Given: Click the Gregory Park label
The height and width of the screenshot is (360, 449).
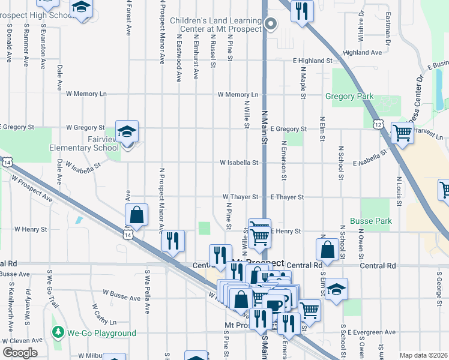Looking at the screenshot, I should point(349,96).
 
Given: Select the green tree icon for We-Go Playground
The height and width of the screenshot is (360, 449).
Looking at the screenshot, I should point(58,332).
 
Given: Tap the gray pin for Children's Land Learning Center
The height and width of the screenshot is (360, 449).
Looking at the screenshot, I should point(271,23).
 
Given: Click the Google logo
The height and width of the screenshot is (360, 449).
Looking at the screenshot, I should point(20,352).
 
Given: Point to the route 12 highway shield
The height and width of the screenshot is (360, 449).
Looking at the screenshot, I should point(378,124).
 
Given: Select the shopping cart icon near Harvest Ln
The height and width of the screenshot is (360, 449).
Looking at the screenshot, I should point(402,132).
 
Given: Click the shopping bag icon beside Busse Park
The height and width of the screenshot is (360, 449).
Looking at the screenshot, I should point(328,248).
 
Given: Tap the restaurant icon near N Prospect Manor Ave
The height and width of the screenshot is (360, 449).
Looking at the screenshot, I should point(172,241).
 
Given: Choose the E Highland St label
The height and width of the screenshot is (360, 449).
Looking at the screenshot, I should point(312,61).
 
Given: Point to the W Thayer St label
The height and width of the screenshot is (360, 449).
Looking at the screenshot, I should point(240,197).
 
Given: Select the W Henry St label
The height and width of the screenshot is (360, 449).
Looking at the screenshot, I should point(31,229).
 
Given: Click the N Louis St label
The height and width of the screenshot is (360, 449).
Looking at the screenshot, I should point(398,187).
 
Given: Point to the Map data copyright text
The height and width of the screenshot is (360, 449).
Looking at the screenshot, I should point(424,355).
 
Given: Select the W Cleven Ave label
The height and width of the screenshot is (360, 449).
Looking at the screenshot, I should point(21,340).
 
